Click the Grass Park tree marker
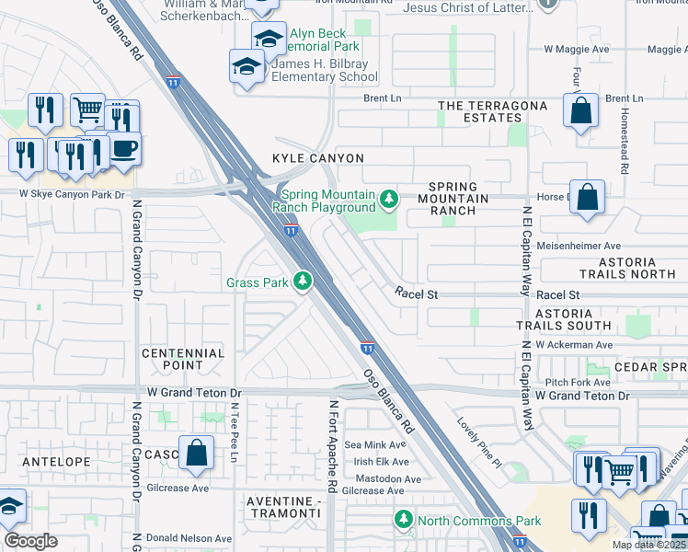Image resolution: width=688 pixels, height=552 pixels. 303,282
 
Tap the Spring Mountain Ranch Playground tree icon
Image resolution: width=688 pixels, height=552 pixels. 390,199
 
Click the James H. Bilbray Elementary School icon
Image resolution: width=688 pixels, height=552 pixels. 247,67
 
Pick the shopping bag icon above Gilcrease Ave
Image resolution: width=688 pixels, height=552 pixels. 197,454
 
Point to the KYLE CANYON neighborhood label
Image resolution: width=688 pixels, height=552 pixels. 318,159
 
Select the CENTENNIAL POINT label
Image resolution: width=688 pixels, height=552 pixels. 183,359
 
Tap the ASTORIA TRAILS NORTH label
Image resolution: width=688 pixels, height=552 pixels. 627,268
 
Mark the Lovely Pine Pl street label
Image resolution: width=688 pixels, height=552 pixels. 479,442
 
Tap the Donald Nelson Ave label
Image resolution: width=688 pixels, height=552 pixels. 191,538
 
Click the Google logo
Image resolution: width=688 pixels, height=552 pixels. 31,541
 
